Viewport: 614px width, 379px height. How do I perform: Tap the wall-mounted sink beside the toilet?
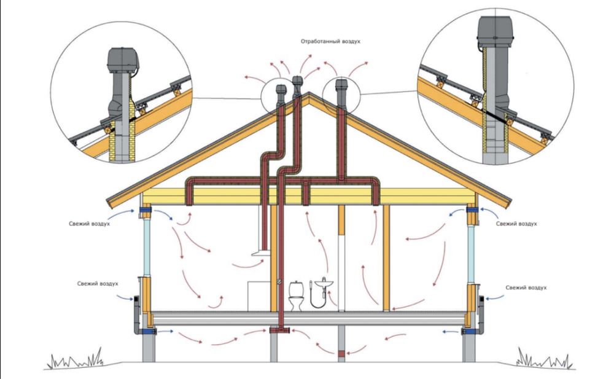323,283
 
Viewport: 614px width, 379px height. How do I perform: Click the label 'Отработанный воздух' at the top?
330,41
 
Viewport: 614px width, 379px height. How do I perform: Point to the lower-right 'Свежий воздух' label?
525,287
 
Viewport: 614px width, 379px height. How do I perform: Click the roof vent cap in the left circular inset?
122,60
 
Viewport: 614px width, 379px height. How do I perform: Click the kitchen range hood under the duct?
260,251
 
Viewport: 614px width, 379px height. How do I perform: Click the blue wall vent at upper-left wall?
147,213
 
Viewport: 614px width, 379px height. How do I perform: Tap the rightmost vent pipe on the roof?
342,91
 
